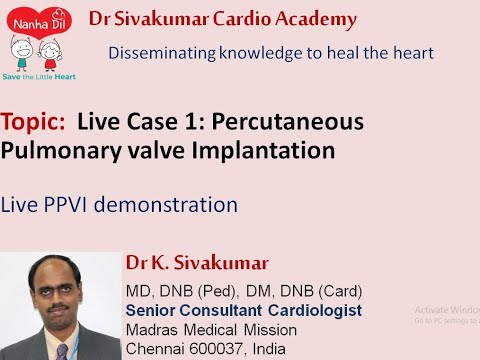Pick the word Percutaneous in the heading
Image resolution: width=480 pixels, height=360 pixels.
301,122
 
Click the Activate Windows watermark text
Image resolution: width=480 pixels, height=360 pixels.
446,311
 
